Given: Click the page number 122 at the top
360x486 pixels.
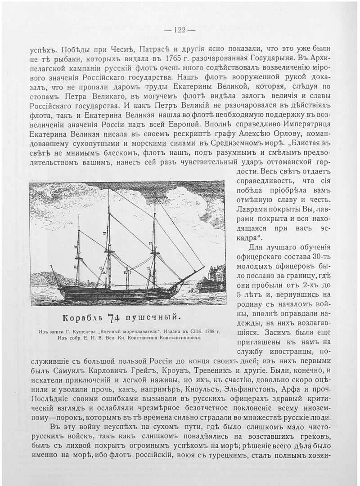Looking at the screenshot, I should pos(179,30).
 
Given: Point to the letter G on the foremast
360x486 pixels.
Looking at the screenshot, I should pos(149,243).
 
